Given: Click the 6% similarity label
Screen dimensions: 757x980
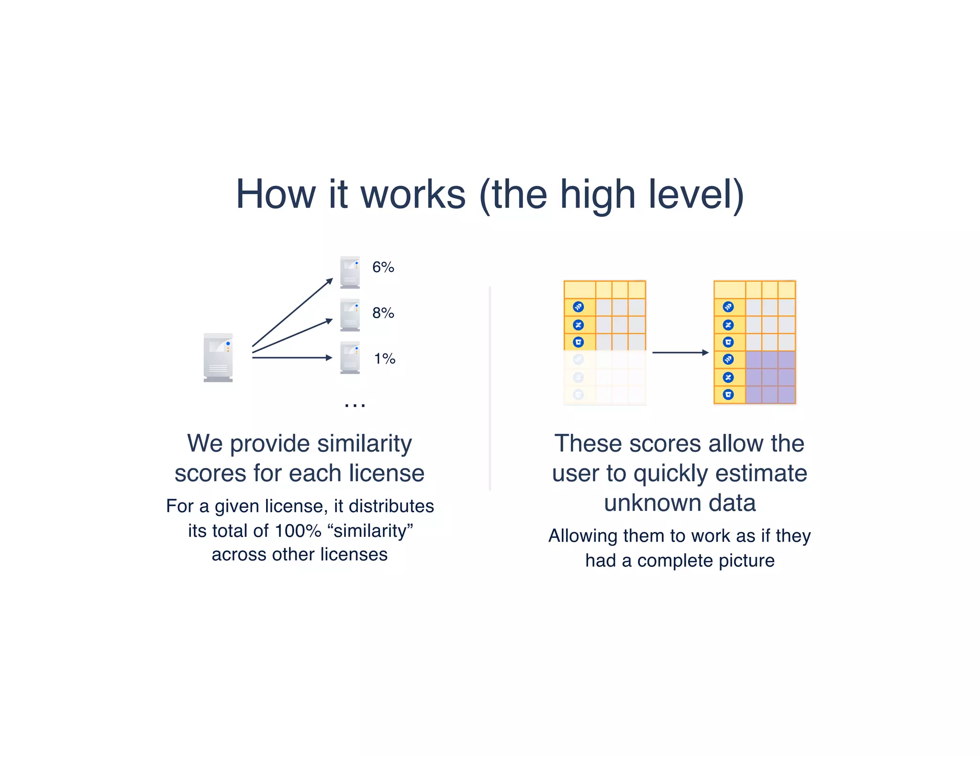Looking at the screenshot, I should pyautogui.click(x=383, y=267).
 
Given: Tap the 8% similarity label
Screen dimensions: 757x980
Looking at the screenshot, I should pyautogui.click(x=383, y=313).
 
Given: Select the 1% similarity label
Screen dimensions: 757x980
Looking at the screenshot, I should pyautogui.click(x=384, y=358).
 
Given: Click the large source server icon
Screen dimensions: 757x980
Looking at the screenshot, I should pyautogui.click(x=218, y=357).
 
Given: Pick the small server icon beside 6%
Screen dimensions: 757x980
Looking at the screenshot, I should pyautogui.click(x=350, y=272).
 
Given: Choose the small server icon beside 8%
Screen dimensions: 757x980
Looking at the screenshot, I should pyautogui.click(x=350, y=315).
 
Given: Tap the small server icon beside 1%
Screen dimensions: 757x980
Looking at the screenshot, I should pyautogui.click(x=350, y=357).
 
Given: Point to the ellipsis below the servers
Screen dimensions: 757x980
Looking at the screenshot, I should pyautogui.click(x=355, y=405).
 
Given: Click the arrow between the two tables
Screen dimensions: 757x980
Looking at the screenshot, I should pyautogui.click(x=679, y=353).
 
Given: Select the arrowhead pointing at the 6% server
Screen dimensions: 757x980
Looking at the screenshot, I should pyautogui.click(x=329, y=281).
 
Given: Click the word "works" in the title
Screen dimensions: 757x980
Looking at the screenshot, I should pyautogui.click(x=413, y=194).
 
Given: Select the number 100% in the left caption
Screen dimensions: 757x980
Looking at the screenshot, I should pyautogui.click(x=298, y=531).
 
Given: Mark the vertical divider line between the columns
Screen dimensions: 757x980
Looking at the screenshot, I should pyautogui.click(x=490, y=388).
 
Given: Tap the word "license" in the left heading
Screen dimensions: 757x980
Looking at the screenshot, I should pyautogui.click(x=387, y=473).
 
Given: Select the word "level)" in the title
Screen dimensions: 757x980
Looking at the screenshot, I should pyautogui.click(x=696, y=194).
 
